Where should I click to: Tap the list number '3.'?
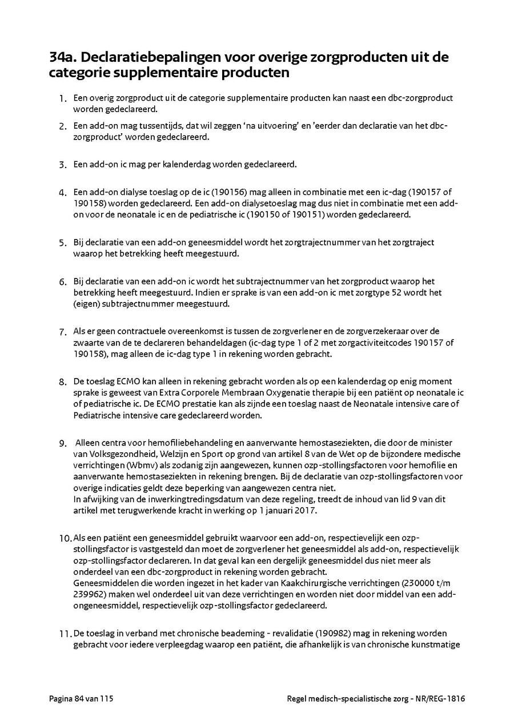point(63,165)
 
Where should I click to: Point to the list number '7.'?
point(63,332)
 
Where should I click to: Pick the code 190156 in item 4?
point(244,192)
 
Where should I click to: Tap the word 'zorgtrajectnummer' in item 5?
point(326,242)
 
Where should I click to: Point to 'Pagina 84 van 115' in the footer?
point(85,699)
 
